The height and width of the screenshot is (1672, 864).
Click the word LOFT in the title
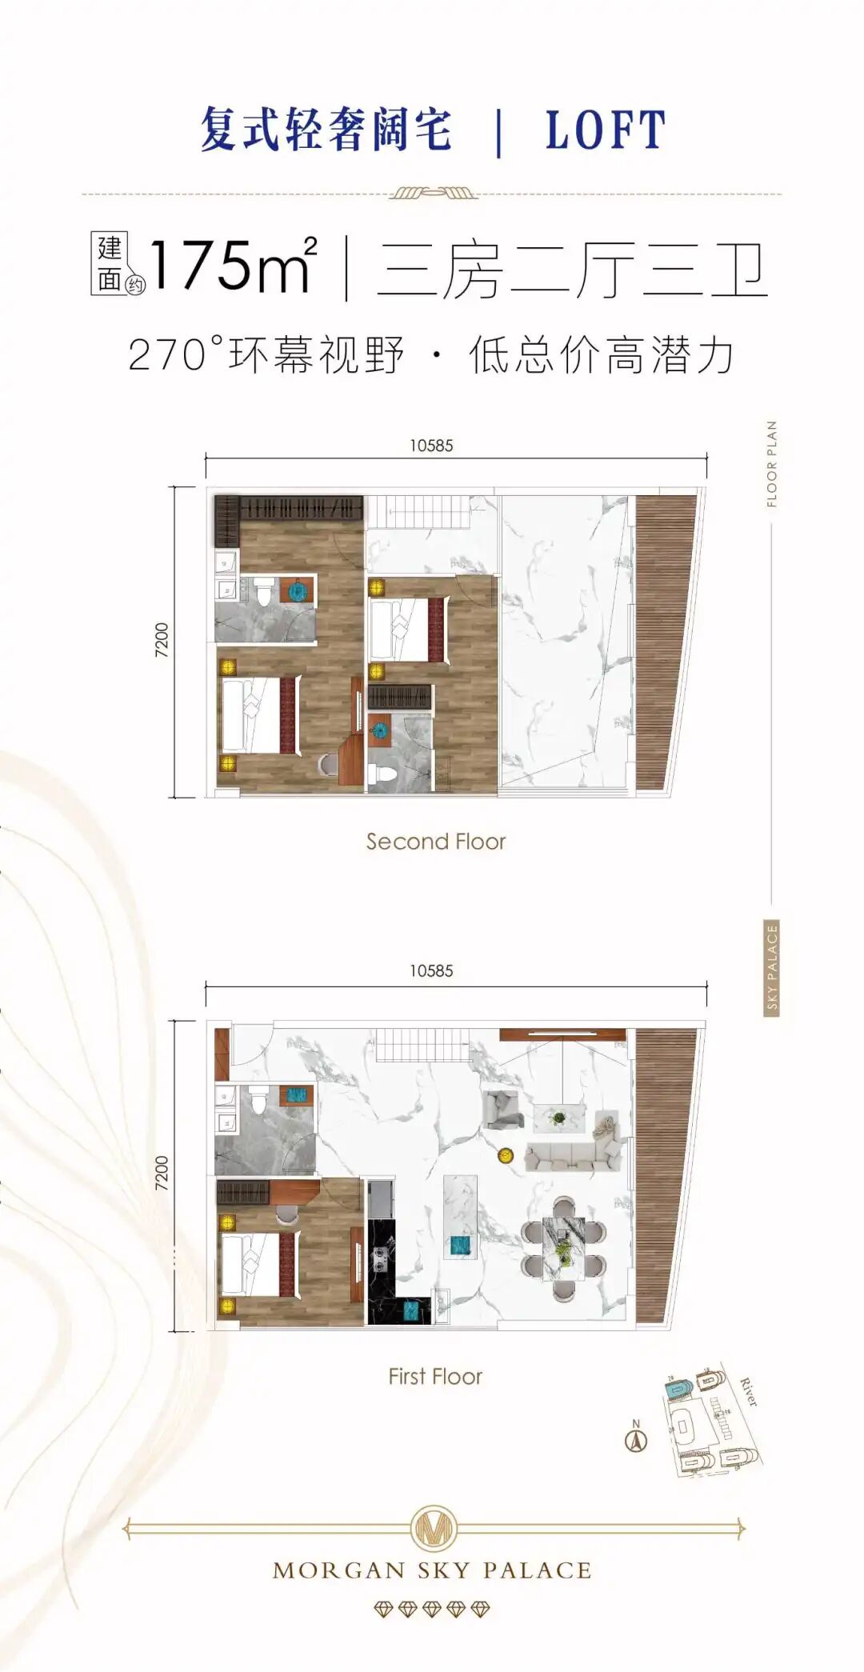click(x=605, y=130)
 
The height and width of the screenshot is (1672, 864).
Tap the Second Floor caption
click(x=436, y=842)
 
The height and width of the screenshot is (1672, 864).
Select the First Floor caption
click(x=435, y=1377)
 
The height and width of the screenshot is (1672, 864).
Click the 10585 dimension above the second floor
click(x=431, y=446)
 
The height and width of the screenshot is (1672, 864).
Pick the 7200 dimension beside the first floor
click(x=162, y=1174)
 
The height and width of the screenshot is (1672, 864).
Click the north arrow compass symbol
click(x=636, y=1441)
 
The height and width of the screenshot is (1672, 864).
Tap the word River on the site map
click(x=747, y=1393)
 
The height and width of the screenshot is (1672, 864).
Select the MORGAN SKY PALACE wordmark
click(x=432, y=1571)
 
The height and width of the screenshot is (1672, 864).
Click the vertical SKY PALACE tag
click(x=771, y=969)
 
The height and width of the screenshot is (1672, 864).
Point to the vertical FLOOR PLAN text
click(x=771, y=464)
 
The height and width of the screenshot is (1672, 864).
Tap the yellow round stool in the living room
click(x=506, y=1154)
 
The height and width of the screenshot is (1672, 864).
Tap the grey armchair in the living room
click(x=502, y=1110)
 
